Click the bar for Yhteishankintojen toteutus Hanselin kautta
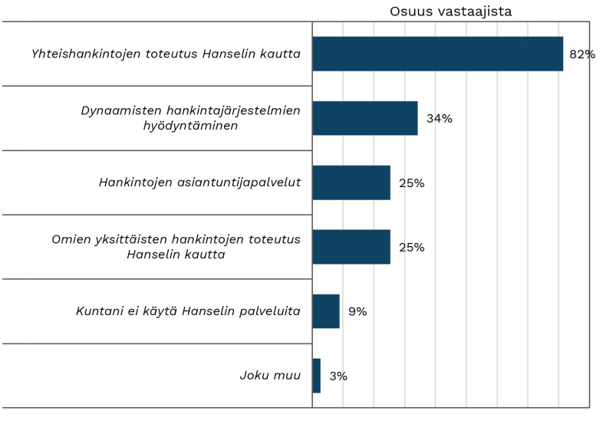pos(437,54)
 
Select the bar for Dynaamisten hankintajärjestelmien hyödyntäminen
pos(365,118)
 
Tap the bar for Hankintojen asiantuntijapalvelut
pos(351,183)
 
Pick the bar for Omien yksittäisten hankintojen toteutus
pos(351,247)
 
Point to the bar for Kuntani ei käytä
pos(326,311)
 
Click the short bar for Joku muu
pos(317,376)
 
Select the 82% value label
pos(582,54)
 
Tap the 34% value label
pos(440,119)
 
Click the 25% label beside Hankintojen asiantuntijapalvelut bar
pos(412,183)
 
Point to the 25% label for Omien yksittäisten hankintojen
pos(412,248)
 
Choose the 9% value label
pos(357,312)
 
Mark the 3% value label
pos(338,377)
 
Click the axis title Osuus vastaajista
pos(450,12)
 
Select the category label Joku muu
pos(269,376)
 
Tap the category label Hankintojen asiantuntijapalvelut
pos(199,183)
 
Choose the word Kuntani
pos(100,311)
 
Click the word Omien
pos(69,239)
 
